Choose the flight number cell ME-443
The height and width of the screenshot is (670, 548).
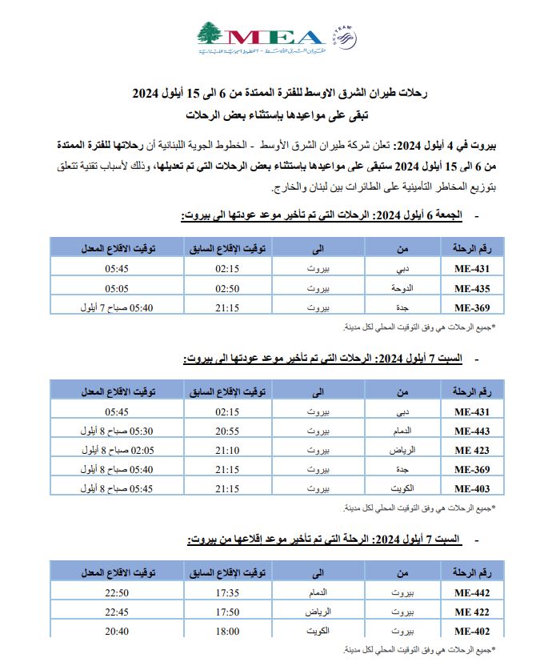(471, 431)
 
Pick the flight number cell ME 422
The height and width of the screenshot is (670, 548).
(471, 612)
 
